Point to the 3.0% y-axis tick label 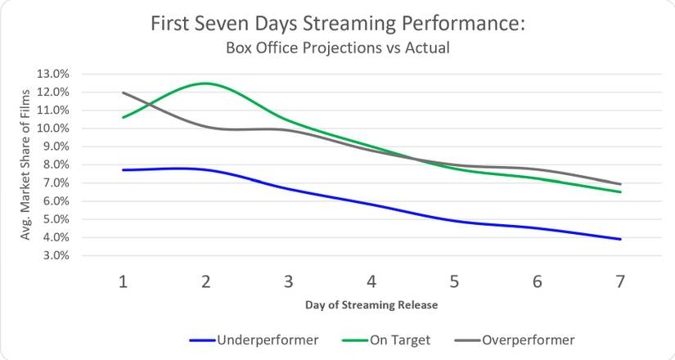(54, 256)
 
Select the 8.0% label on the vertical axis (54, 164)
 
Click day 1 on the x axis (123, 281)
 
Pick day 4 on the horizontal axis (371, 281)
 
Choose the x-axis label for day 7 (619, 281)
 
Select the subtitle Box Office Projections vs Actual (338, 47)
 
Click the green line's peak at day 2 (205, 83)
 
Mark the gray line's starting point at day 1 (123, 92)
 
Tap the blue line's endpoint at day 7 (619, 239)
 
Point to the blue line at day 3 (289, 188)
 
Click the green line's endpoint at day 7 (619, 191)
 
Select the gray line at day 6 (537, 169)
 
